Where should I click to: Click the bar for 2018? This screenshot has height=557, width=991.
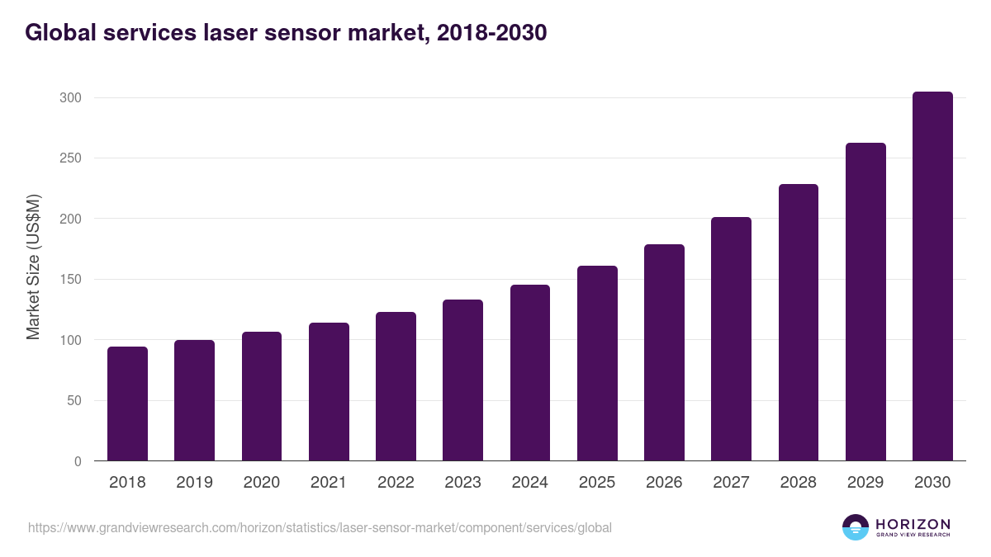[x=127, y=404]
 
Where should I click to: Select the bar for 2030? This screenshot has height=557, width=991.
[x=932, y=276]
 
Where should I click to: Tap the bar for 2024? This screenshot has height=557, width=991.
[x=530, y=373]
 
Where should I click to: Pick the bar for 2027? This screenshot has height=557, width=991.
[x=731, y=339]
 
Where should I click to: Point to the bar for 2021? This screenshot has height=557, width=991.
[x=329, y=392]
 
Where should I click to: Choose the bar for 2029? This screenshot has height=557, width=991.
[x=865, y=302]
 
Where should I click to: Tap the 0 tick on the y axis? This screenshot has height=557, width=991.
[x=78, y=461]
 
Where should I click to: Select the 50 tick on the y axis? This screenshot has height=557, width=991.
[x=73, y=401]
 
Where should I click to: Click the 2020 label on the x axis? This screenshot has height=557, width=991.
[x=262, y=483]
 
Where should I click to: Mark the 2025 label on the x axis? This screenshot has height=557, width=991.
[x=597, y=483]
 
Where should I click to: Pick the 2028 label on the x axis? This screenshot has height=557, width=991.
[x=799, y=483]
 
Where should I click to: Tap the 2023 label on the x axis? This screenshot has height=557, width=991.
[x=462, y=483]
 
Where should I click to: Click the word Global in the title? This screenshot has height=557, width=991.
[x=56, y=33]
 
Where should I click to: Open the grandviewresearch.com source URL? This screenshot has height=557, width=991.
[x=320, y=527]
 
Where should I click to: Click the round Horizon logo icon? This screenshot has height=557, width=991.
[x=856, y=527]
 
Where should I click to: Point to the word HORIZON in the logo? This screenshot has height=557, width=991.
[x=913, y=524]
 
